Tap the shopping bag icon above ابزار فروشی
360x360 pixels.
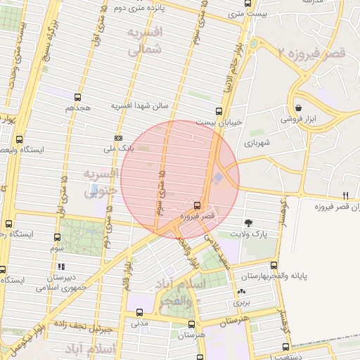coord(299,108)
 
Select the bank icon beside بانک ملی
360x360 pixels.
coord(118,138)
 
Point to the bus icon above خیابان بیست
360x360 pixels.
coord(219,111)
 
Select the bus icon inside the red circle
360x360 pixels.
coord(196,206)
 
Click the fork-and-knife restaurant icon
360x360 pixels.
coord(345,195)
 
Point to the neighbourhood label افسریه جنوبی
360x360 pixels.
coord(99,181)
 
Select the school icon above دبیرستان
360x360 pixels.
coord(61,266)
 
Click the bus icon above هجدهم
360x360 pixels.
coord(77,98)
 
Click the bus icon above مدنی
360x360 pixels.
coord(139,313)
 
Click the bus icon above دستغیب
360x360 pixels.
coord(285,347)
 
